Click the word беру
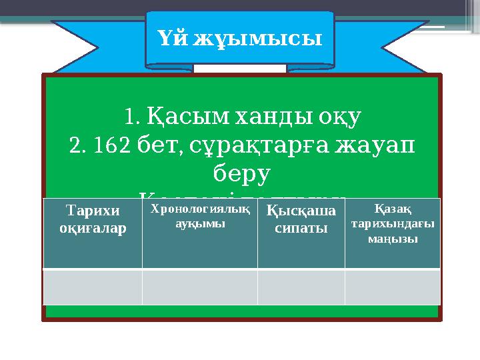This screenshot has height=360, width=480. click(241, 173)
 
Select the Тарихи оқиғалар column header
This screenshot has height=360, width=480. click(93, 219)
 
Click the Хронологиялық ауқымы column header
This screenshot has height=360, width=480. click(199, 217)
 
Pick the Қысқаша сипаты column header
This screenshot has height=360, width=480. click(301, 219)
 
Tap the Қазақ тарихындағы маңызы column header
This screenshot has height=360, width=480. click(392, 224)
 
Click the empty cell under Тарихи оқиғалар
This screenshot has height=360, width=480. click(93, 287)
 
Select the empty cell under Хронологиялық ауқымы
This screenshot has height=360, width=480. click(199, 287)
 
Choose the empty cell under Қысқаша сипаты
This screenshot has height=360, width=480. click(301, 287)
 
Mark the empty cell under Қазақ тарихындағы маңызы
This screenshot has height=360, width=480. click(392, 287)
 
